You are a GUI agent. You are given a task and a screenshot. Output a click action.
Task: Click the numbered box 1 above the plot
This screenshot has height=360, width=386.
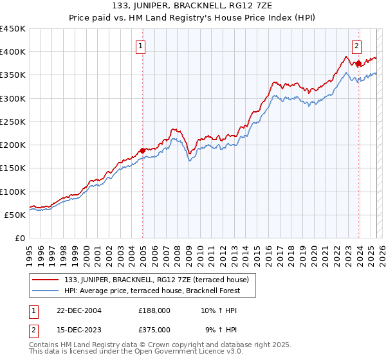(140, 46)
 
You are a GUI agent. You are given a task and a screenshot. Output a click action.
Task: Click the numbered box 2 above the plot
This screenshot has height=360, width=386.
(356, 46)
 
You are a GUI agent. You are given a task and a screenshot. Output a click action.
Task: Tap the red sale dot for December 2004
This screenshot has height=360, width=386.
(142, 150)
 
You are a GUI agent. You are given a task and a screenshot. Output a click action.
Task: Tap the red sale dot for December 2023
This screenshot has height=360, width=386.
(358, 63)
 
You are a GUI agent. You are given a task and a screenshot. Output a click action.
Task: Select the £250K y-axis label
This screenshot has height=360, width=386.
(12, 122)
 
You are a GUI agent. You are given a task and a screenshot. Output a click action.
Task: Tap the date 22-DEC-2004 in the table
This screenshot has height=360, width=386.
(79, 310)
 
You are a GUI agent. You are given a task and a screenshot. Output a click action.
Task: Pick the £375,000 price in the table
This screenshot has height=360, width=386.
(154, 329)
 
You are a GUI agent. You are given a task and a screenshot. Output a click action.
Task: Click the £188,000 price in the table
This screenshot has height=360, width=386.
(154, 310)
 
